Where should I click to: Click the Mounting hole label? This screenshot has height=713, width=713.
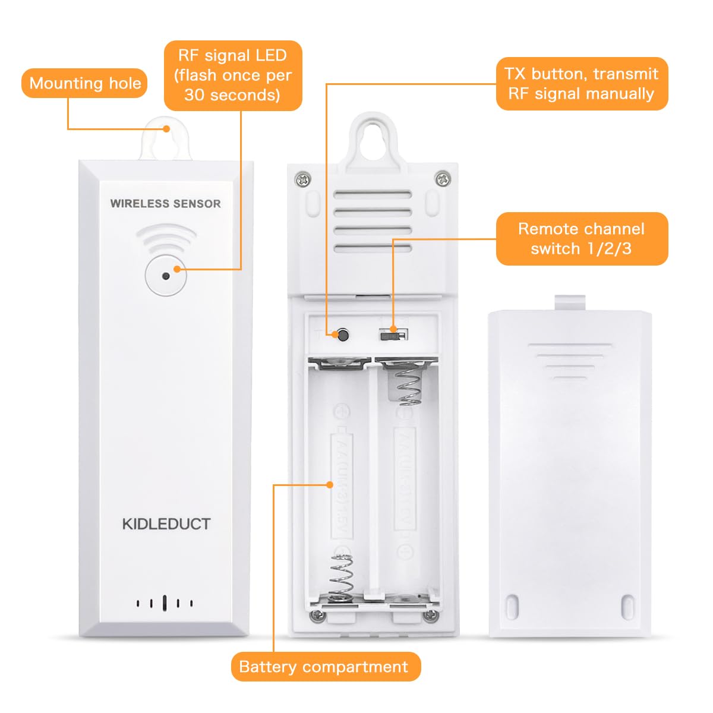[84, 83]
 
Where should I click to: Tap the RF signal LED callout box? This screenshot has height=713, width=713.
[232, 75]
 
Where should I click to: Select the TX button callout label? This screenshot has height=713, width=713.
[581, 84]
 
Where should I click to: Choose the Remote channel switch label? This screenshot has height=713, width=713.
[581, 239]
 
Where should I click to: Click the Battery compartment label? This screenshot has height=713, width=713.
[324, 667]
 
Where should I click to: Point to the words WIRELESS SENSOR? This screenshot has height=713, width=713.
[165, 204]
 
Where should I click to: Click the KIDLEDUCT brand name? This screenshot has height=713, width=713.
[166, 524]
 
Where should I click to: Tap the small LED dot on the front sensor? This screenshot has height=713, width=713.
[166, 276]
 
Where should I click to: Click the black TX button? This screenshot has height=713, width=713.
[342, 335]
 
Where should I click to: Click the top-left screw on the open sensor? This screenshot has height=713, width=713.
[304, 177]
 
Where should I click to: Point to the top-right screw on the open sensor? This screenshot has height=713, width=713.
[441, 177]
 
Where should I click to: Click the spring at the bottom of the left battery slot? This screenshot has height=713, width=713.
[341, 576]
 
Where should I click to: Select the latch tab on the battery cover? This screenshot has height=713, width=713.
[570, 302]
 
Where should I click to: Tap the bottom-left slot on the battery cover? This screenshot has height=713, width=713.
[512, 606]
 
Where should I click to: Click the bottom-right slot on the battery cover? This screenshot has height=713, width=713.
[627, 606]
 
